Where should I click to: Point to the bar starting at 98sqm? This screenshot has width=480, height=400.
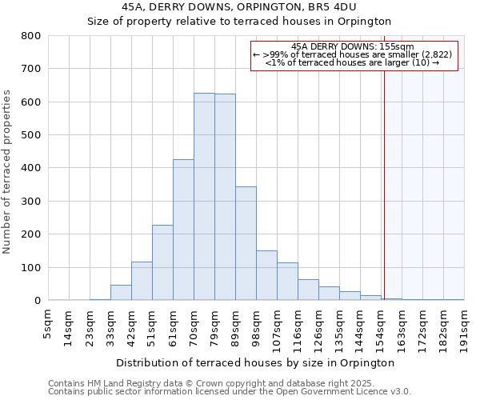(266, 275)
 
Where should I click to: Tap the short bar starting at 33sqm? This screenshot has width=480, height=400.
(121, 293)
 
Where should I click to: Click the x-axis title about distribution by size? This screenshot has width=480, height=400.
(255, 362)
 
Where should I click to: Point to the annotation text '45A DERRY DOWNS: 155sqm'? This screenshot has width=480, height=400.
(353, 46)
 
